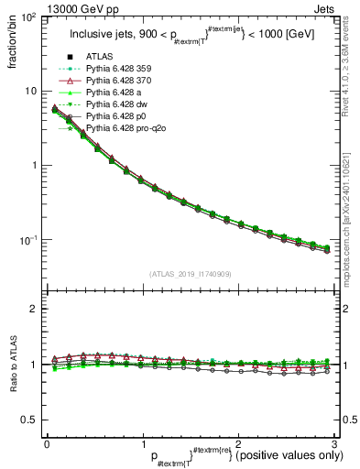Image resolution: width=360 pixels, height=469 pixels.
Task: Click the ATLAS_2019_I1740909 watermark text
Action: click(x=189, y=274)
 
